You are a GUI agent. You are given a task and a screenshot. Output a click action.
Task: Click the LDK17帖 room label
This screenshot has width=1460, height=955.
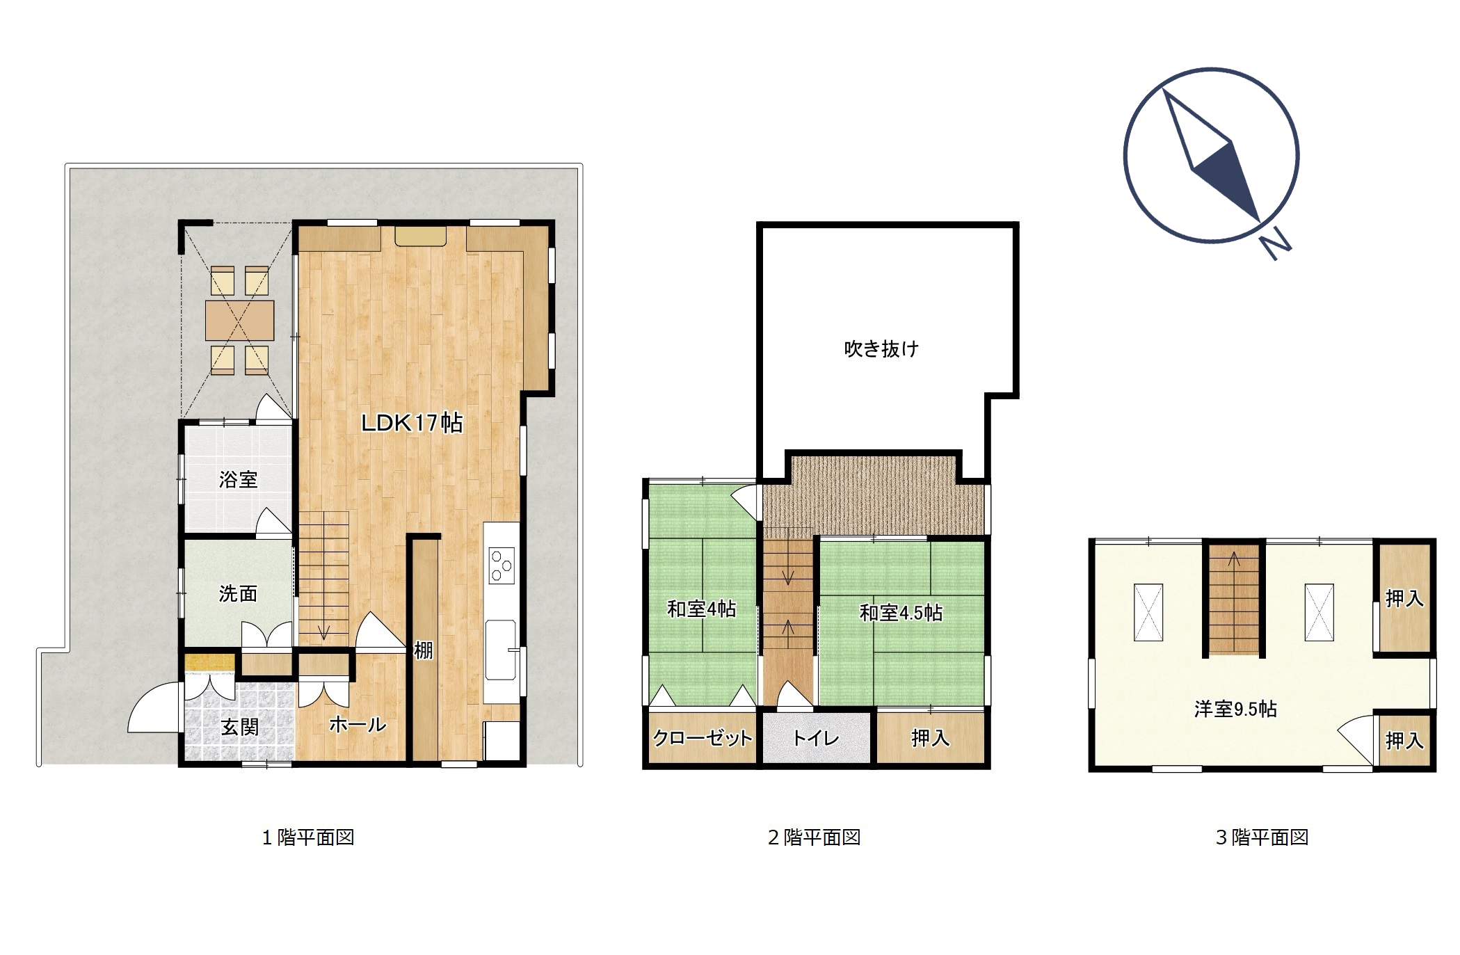tap(412, 423)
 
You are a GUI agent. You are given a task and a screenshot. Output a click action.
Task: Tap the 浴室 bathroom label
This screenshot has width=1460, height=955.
tap(238, 479)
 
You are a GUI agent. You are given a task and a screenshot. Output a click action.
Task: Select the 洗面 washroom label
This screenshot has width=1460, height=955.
tap(238, 593)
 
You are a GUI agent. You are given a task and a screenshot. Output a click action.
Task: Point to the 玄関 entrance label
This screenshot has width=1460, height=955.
tap(240, 727)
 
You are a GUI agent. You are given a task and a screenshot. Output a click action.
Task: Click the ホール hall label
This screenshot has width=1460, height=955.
tap(358, 725)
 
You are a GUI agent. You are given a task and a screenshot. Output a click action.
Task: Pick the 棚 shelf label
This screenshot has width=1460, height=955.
tap(424, 650)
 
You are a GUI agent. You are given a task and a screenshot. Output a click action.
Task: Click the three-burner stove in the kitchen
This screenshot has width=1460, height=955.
tap(502, 565)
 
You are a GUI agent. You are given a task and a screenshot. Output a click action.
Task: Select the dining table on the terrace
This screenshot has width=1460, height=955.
tap(239, 321)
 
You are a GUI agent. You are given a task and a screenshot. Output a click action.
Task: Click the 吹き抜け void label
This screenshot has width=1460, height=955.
tap(881, 348)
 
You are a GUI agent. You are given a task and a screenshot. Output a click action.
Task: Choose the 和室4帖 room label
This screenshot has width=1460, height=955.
tap(701, 609)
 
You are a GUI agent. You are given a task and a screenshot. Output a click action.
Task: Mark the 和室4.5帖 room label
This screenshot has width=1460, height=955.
tap(901, 613)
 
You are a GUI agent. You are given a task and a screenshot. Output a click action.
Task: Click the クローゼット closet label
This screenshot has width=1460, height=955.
tap(703, 738)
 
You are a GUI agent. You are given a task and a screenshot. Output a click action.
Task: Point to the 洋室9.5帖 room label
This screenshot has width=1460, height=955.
tap(1235, 709)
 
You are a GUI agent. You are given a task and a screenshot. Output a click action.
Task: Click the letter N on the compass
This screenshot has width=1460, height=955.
tap(1276, 246)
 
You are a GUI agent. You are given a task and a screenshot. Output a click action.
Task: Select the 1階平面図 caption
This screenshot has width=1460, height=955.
tap(308, 837)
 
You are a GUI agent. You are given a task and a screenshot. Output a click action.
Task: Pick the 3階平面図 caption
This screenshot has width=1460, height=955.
tap(1262, 837)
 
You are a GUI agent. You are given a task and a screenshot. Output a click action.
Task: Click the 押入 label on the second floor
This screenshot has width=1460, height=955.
tap(930, 738)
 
